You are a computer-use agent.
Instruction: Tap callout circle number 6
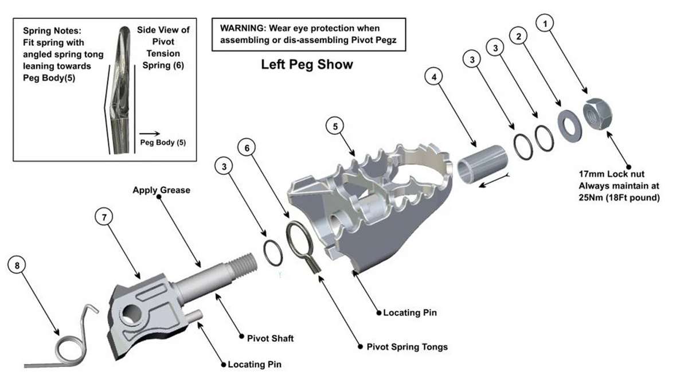pos(247,148)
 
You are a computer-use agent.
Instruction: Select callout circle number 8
pos(18,265)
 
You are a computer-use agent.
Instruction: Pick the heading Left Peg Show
pos(307,65)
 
